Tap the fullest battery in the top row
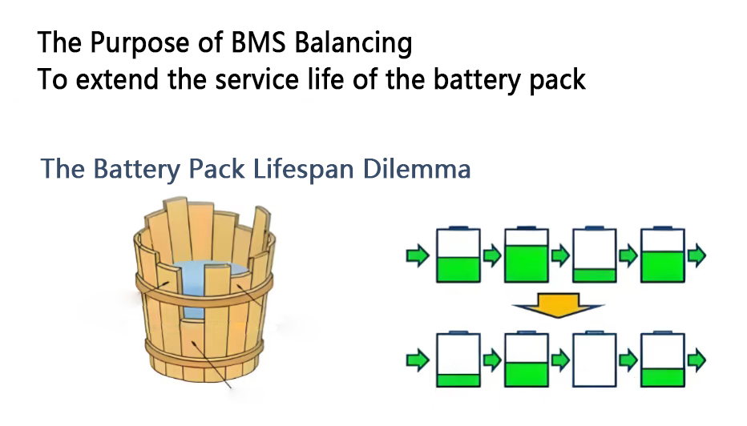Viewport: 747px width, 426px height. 526,255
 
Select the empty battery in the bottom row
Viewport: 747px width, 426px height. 595,360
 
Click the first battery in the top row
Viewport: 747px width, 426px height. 458,255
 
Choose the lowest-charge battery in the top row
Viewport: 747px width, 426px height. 595,255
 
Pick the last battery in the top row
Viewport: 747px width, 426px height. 663,255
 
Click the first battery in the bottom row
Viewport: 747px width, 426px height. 458,360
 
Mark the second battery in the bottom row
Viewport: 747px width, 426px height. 526,360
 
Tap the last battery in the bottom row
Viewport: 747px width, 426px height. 663,360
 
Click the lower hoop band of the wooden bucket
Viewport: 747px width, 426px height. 204,352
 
